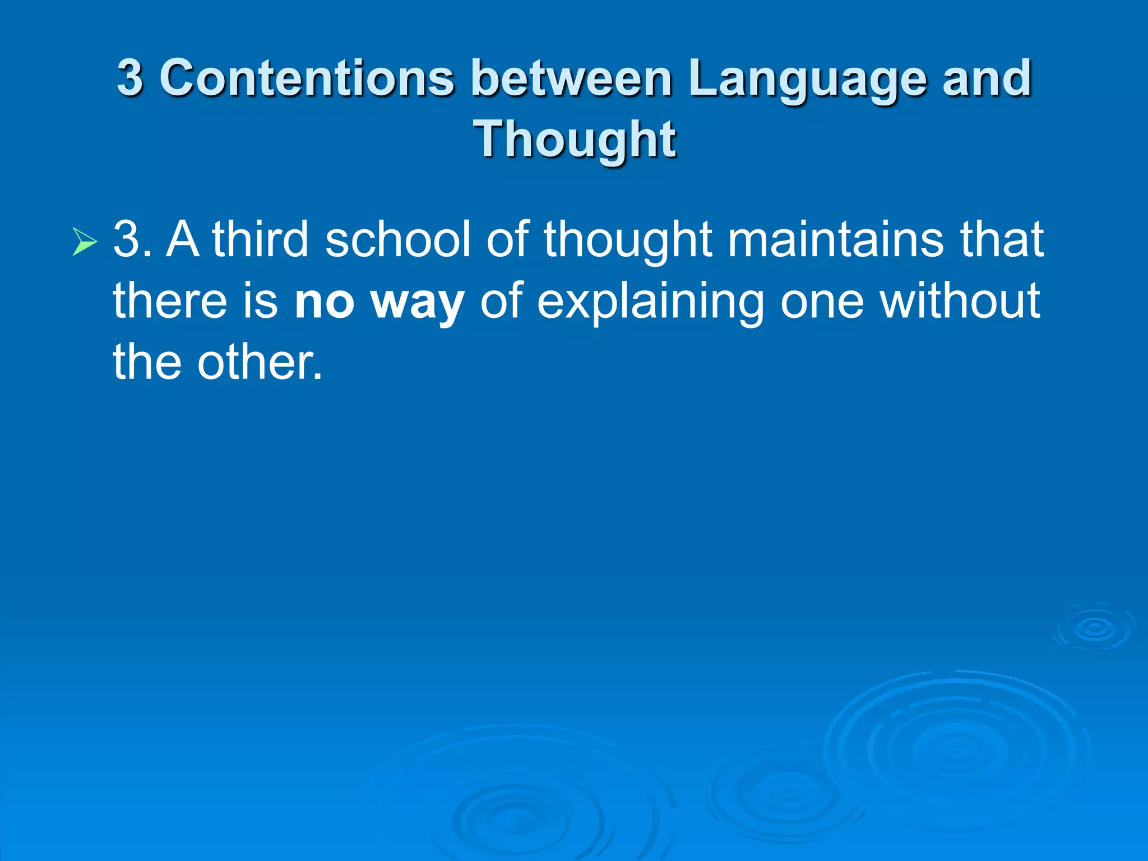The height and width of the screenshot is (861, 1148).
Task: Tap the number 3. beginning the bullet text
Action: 132,239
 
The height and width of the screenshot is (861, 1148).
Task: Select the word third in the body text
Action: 260,239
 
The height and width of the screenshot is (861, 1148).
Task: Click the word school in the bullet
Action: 397,239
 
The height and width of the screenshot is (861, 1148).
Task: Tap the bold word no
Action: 325,301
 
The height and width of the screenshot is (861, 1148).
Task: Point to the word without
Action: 960,301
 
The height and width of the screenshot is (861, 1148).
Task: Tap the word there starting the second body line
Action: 170,301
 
